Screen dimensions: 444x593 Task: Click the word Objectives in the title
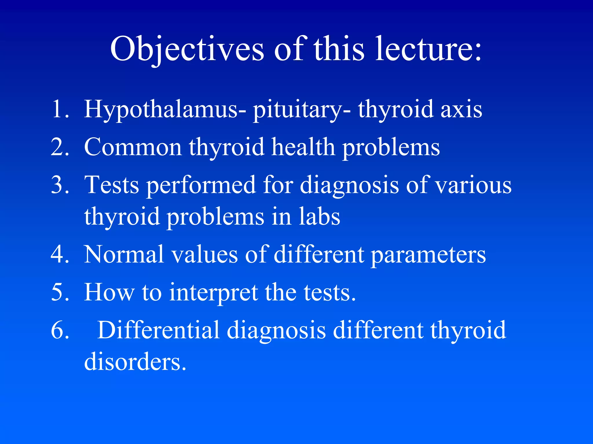click(187, 49)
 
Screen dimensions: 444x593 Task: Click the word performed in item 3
click(201, 186)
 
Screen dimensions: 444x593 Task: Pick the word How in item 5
click(109, 292)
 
